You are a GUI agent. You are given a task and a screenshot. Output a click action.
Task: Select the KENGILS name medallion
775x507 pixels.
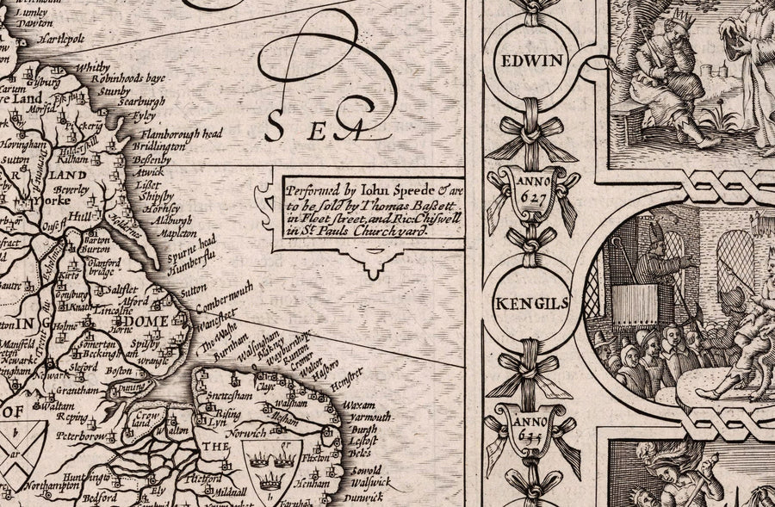[529, 303]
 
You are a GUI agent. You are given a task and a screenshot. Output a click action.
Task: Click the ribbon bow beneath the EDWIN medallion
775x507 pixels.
[529, 129]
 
